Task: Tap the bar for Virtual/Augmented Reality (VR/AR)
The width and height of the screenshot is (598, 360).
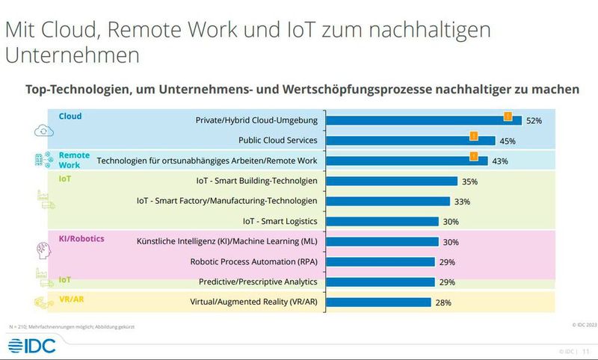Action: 379,302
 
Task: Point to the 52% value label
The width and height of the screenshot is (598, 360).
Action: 534,120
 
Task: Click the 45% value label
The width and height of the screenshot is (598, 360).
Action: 507,140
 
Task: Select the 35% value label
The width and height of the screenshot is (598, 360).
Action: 469,181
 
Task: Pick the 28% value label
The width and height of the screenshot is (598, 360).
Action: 443,302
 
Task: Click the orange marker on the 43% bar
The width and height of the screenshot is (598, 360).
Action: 472,155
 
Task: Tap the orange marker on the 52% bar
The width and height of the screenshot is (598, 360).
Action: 507,115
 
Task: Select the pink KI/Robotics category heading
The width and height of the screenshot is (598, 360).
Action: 81,238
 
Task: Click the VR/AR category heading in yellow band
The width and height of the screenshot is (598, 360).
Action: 72,299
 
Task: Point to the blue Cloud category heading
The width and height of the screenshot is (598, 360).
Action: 70,117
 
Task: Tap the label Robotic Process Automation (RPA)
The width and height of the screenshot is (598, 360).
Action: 254,262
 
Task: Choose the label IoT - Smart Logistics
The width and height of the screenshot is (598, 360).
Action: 280,221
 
